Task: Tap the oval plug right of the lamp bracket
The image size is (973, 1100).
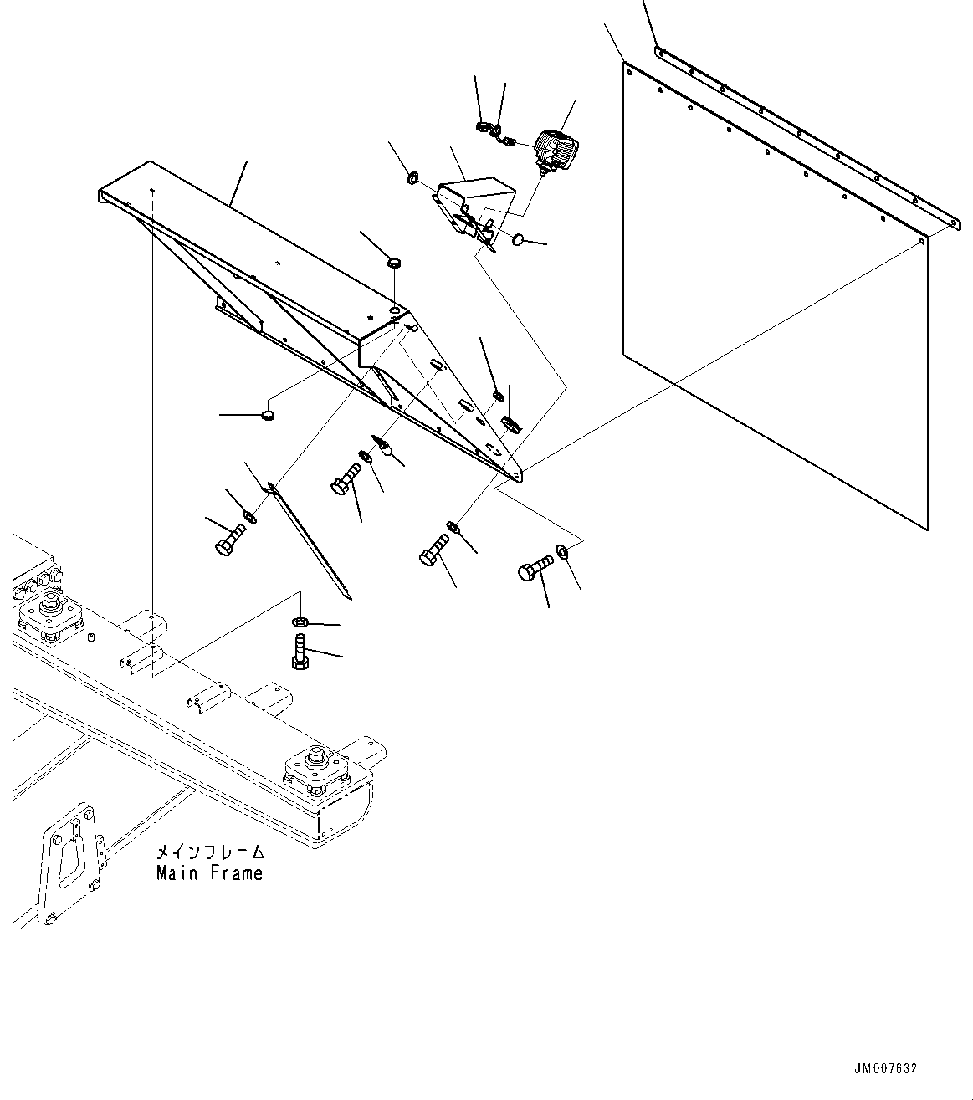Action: (x=518, y=241)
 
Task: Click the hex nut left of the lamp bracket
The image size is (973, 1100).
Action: (x=412, y=177)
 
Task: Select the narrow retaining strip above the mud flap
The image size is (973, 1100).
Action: (x=803, y=134)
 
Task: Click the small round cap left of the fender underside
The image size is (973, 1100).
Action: (x=268, y=414)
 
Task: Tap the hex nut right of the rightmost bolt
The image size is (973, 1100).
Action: (x=563, y=550)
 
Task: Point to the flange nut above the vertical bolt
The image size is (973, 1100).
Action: (x=300, y=622)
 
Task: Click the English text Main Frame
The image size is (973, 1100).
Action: (x=209, y=873)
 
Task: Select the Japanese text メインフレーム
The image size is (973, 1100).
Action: (x=210, y=853)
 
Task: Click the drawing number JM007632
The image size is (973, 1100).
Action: (x=885, y=1069)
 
